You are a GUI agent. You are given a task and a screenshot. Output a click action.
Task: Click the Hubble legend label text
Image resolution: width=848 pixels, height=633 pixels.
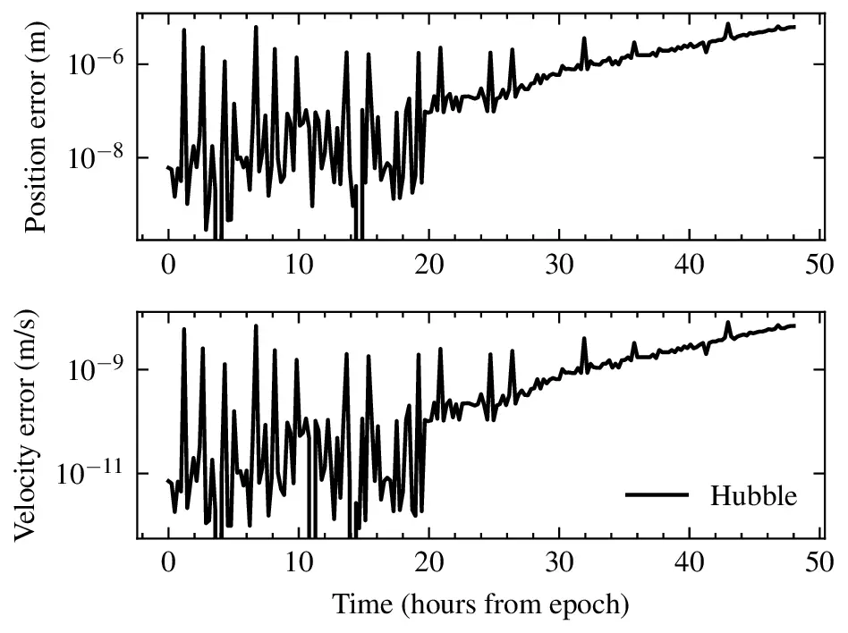point(753,495)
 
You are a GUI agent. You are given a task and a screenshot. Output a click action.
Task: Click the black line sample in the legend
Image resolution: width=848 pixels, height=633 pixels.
point(657,495)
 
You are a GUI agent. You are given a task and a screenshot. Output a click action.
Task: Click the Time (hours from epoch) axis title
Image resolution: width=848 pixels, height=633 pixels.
point(481,604)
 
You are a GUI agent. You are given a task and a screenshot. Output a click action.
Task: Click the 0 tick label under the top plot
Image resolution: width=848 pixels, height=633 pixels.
point(168,266)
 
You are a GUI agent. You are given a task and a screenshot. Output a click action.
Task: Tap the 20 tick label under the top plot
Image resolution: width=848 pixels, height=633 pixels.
point(428,266)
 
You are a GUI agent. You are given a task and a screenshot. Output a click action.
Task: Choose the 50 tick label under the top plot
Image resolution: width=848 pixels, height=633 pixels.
point(819,266)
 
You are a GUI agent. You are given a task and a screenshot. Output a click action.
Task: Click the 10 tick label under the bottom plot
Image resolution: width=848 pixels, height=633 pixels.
point(298,564)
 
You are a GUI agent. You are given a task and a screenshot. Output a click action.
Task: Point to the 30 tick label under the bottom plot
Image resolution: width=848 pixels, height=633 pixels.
point(559,564)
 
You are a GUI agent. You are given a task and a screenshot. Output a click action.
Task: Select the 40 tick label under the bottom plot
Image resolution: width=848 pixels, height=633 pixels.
point(689,564)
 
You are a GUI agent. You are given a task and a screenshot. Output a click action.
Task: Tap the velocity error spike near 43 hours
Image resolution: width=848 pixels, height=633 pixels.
point(728,323)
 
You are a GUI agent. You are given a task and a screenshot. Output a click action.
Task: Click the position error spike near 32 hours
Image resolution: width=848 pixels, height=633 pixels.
point(584,39)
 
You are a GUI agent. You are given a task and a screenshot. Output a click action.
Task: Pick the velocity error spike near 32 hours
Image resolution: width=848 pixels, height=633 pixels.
point(584,339)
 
